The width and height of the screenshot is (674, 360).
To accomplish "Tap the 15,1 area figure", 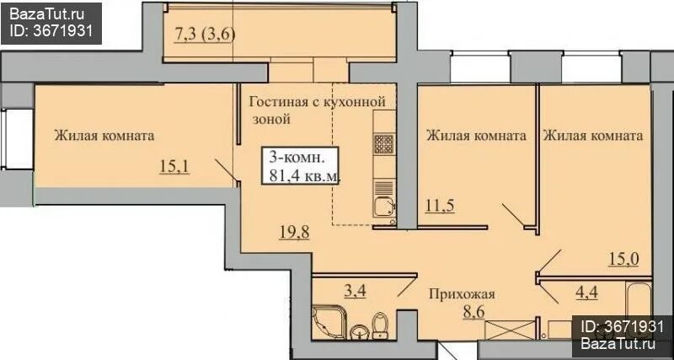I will (x=174, y=164).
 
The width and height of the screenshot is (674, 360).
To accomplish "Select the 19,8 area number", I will (x=295, y=234).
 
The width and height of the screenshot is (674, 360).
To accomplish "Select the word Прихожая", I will (x=460, y=294).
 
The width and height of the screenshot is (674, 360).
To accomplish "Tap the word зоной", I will (x=271, y=119).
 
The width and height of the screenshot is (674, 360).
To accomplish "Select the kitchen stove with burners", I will (x=384, y=144).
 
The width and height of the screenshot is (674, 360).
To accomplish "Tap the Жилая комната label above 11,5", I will (x=476, y=135).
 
